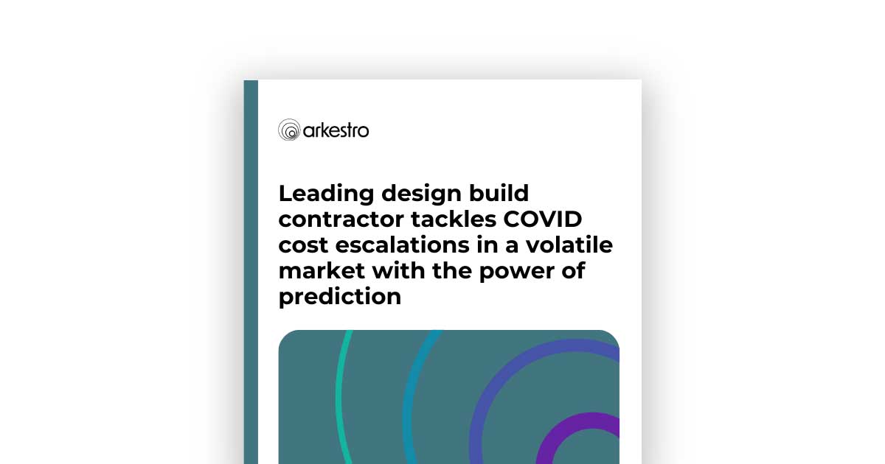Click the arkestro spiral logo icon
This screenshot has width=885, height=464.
tap(289, 130)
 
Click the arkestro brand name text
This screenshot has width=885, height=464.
tap(336, 130)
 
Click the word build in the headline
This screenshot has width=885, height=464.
tap(499, 193)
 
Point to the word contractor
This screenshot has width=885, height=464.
tap(341, 219)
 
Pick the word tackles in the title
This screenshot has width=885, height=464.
tap(454, 219)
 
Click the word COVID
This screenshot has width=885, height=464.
tap(543, 219)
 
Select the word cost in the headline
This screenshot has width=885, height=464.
tap(303, 245)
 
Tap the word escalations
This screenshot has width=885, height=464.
tap(402, 245)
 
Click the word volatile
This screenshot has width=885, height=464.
tap(569, 245)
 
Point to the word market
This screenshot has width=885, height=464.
tap(322, 272)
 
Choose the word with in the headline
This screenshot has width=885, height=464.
tap(399, 271)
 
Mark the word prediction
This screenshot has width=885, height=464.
tap(340, 297)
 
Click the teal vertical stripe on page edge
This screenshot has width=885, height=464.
tap(251, 272)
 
